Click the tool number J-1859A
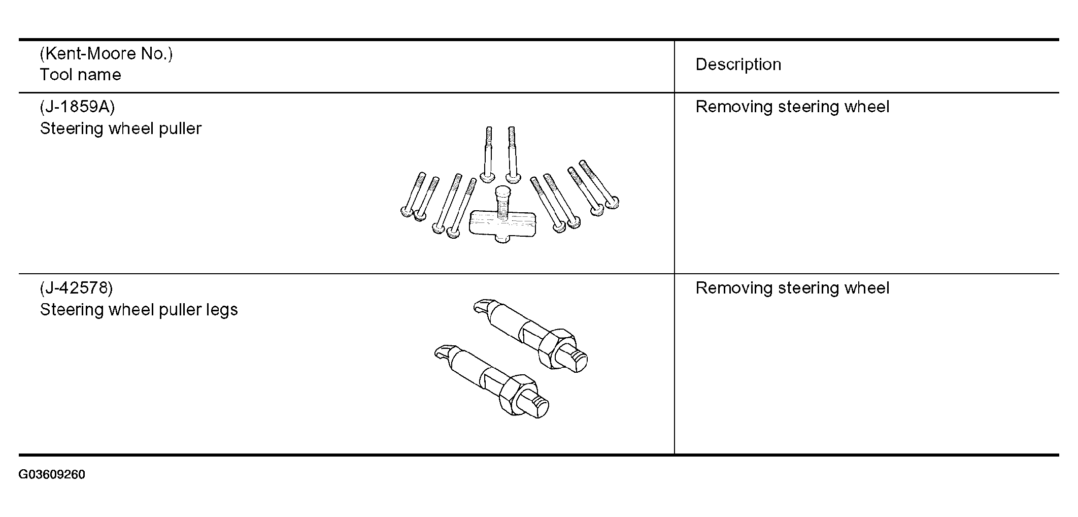tap(77, 107)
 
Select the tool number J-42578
tap(76, 288)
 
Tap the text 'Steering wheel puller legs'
tap(139, 310)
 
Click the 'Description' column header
tap(738, 64)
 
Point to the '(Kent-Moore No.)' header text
tap(106, 53)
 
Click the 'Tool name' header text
tap(80, 75)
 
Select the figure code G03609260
tap(52, 475)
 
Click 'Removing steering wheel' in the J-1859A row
tap(792, 107)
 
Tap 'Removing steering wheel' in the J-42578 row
tap(792, 288)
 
